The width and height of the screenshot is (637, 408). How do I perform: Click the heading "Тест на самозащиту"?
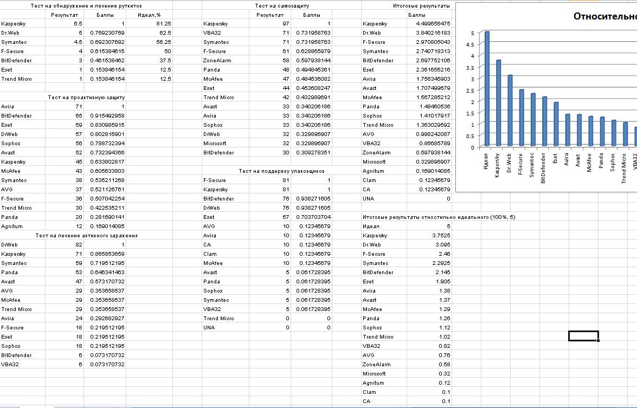(x=281, y=6)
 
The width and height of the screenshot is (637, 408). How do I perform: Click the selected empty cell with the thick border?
(x=583, y=336)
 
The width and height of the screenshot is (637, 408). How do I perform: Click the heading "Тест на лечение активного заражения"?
(x=86, y=236)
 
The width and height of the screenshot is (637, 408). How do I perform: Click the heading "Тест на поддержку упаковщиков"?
(x=281, y=171)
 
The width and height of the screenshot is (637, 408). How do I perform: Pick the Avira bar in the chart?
(x=568, y=130)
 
